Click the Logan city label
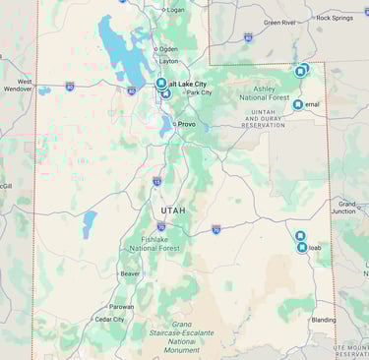pyautogui.click(x=174, y=10)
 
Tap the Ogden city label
pyautogui.click(x=168, y=48)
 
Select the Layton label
pyautogui.click(x=169, y=60)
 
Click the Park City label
pyautogui.click(x=199, y=92)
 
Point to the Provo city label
pyautogui.click(x=186, y=124)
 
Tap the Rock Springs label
pyautogui.click(x=336, y=18)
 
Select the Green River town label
pyautogui.click(x=279, y=22)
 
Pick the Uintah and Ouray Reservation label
pyautogui.click(x=262, y=120)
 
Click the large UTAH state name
pyautogui.click(x=172, y=210)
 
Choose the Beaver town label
pyautogui.click(x=130, y=273)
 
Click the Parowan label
pyautogui.click(x=122, y=306)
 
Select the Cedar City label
pyautogui.click(x=109, y=319)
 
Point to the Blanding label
pyautogui.click(x=323, y=319)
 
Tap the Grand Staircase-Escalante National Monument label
pyautogui.click(x=182, y=336)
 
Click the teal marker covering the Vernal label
pyautogui.click(x=298, y=103)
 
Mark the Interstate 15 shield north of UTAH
pyautogui.click(x=156, y=181)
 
